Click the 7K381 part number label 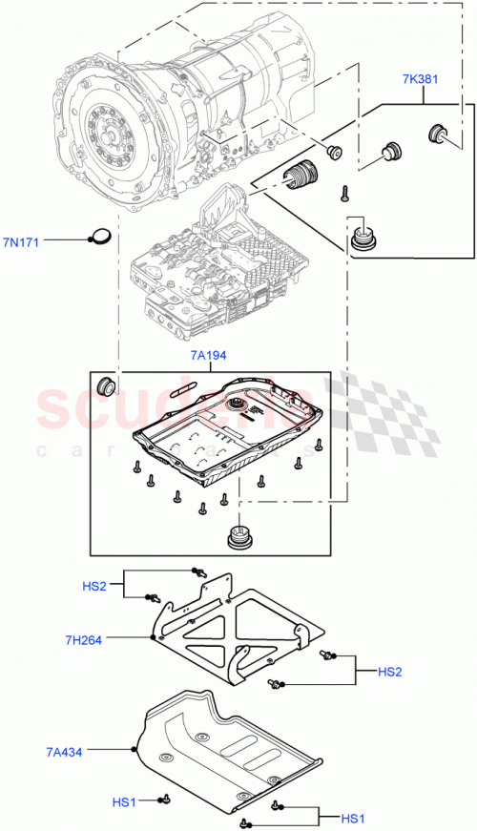[419, 79]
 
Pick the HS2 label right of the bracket [390, 671]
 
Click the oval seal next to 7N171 [101, 237]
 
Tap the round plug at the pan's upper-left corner [105, 385]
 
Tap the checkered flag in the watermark [382, 410]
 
